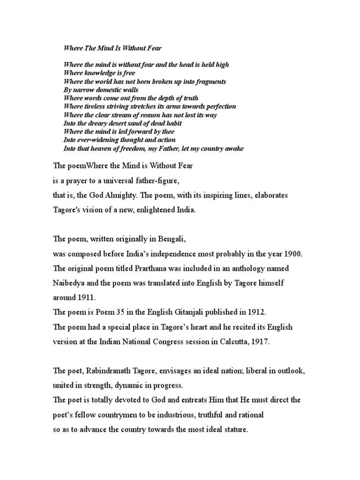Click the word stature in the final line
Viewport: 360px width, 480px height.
(x=232, y=429)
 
